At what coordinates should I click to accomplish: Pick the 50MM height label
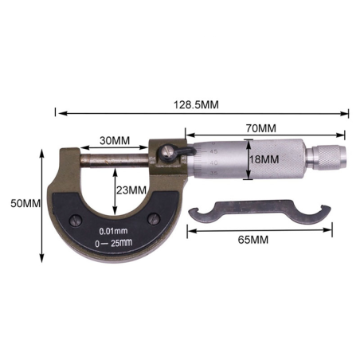[x=20, y=203]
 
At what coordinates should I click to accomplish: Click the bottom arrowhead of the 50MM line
[x=41, y=260]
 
